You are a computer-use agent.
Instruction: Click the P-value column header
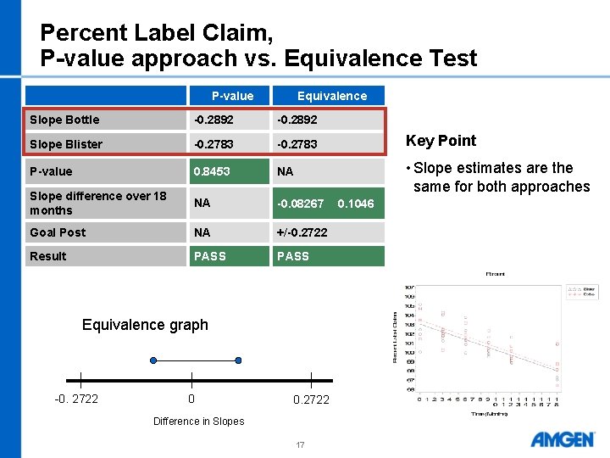pos(232,96)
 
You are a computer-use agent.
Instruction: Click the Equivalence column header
pos(331,96)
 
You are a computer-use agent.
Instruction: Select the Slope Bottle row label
pos(64,120)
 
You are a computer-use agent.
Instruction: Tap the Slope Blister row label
pos(65,144)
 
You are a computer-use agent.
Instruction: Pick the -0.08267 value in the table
pos(302,204)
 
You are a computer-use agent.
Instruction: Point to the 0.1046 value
pos(356,204)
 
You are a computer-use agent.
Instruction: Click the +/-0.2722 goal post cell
pos(305,232)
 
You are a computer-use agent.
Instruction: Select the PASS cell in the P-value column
pos(209,256)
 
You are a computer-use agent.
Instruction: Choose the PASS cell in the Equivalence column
pos(293,256)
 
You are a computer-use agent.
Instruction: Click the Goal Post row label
pos(57,232)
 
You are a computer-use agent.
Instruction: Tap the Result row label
pos(47,256)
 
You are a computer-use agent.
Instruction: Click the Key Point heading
pos(441,141)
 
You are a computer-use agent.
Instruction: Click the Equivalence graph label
pos(145,325)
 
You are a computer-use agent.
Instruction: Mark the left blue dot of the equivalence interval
pos(152,360)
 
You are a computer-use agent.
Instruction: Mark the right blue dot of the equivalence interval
pos(238,360)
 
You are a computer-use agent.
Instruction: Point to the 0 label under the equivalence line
pos(191,399)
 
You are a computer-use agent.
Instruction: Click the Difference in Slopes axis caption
pos(198,422)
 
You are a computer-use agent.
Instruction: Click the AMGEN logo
pos(562,439)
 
